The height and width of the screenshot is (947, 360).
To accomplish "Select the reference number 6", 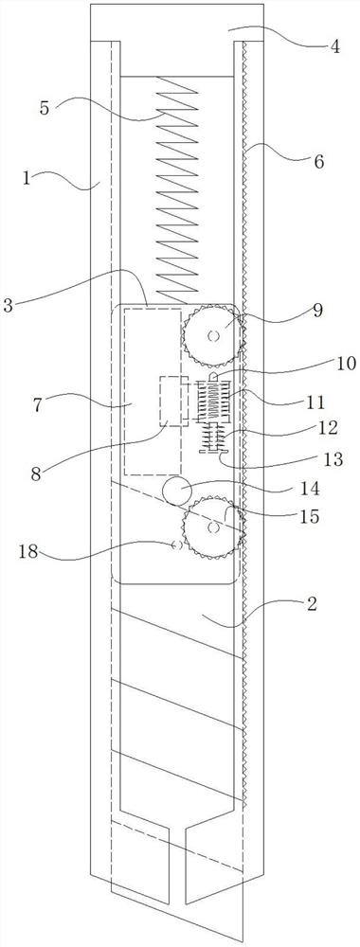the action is click(319, 161).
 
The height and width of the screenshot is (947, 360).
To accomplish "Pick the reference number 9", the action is click(317, 310).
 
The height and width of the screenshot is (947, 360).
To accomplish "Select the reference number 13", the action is click(333, 459).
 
